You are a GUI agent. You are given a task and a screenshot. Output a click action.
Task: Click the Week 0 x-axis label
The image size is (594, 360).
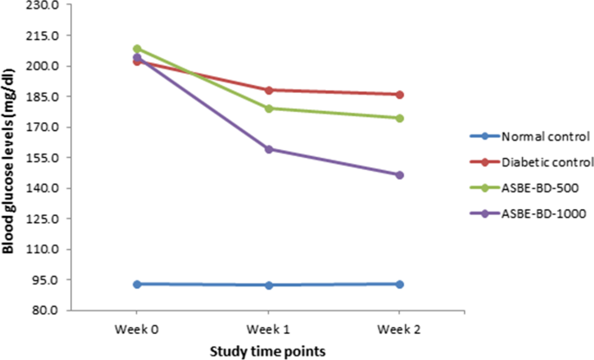pos(137,331)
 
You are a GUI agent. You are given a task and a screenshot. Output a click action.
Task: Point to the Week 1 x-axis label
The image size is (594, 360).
pos(268,331)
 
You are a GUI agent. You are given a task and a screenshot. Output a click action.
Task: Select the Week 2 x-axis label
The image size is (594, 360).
pos(399,331)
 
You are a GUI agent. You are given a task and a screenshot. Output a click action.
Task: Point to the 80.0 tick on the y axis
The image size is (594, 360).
pos(47,311)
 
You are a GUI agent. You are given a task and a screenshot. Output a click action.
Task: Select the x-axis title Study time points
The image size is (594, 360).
pos(268,351)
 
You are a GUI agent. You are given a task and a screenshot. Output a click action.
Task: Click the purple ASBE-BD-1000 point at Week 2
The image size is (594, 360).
pos(399,175)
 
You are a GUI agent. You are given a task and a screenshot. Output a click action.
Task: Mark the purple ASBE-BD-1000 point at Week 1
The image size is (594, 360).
pos(268,149)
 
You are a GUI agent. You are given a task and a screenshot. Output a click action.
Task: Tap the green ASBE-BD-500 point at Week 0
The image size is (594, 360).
pos(137,49)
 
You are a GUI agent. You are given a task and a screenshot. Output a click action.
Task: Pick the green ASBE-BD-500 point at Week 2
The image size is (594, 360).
pos(399,118)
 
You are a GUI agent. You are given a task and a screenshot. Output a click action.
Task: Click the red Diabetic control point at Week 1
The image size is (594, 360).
pos(268,90)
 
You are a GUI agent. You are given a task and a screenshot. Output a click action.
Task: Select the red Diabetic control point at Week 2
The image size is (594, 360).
pos(399,95)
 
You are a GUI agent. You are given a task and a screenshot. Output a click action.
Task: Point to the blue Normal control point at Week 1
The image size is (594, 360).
pos(268,285)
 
